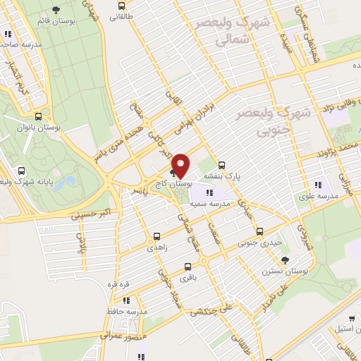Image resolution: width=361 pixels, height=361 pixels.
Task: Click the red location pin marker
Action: [x=181, y=165]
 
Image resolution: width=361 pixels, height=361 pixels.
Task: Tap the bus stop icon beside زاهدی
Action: [x=156, y=237]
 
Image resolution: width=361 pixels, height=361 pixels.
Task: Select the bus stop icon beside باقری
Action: [x=188, y=267]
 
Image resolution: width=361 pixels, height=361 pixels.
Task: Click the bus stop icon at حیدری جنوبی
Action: [x=259, y=231]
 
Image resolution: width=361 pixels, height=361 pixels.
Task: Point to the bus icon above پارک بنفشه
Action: [x=222, y=161]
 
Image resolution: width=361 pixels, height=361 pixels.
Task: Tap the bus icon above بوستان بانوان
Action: [x=38, y=117]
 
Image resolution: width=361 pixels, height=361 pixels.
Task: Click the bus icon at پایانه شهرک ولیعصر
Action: [x=22, y=171]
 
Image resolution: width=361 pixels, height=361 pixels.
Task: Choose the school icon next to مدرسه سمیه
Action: [x=210, y=191]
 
